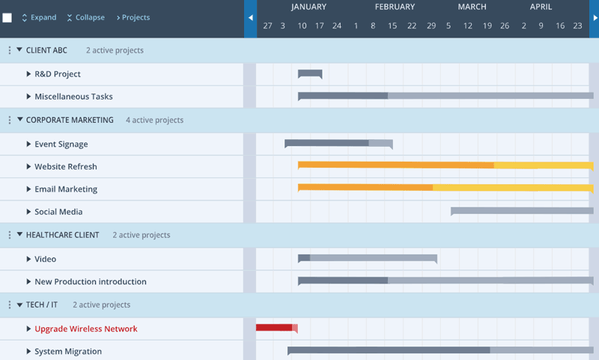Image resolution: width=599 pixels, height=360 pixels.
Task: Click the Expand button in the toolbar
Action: point(39,17)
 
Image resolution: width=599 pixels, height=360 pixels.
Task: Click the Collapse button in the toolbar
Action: point(85,17)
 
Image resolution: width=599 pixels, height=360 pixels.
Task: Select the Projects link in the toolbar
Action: point(133,17)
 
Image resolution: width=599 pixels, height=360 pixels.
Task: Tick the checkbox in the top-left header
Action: point(7,18)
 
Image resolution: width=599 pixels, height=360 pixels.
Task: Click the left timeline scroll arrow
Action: point(250,18)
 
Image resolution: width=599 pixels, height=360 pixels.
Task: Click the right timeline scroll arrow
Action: point(594,18)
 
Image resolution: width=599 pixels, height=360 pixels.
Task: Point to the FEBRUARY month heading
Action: point(395,7)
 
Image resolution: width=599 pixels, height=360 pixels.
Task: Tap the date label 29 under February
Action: point(431,25)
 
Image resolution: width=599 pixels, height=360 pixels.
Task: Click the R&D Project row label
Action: point(58,74)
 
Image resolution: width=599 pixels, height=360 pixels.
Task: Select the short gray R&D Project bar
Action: point(310,73)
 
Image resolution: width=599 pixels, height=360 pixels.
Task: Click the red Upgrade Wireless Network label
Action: point(86,329)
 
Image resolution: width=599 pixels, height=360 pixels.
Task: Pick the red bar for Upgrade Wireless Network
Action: point(275,327)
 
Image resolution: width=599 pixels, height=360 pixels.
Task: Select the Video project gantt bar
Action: point(367,258)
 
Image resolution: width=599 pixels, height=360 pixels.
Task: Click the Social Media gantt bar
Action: point(522,211)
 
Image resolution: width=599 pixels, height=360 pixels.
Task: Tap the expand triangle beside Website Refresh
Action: point(28,166)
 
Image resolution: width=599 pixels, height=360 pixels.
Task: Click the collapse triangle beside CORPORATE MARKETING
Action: point(20,120)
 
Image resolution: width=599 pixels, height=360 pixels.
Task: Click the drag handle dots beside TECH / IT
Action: point(10,305)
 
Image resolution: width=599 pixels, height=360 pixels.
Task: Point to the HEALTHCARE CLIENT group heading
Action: point(62,235)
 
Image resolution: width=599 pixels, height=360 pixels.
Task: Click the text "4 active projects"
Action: point(154,120)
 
